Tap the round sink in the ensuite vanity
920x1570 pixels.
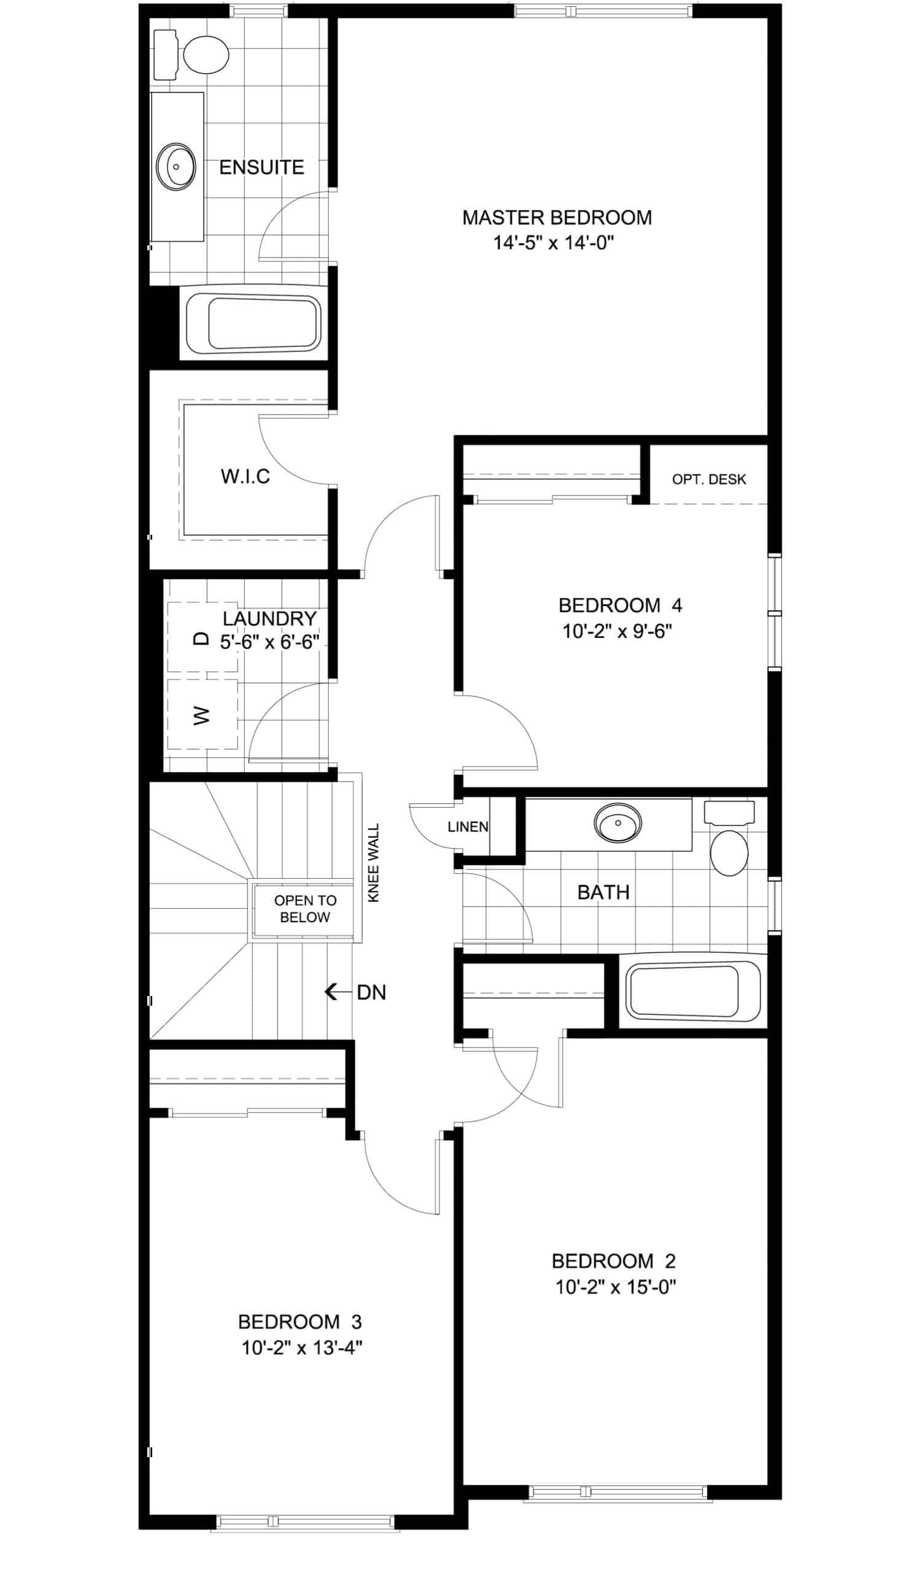tap(176, 166)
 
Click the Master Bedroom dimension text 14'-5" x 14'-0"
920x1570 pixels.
tap(554, 242)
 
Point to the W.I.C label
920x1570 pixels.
tap(245, 477)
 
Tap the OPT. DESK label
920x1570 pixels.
tap(709, 479)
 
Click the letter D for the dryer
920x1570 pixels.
tap(201, 638)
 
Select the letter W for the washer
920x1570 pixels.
tap(201, 714)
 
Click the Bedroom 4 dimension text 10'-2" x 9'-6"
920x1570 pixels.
tap(617, 631)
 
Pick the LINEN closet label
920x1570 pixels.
tap(468, 827)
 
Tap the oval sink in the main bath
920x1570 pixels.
tap(617, 822)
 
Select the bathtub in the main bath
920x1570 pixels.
tap(692, 992)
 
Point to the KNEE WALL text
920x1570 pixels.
tap(373, 863)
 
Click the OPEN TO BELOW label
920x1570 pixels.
tap(305, 908)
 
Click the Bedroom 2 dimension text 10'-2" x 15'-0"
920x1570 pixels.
tap(616, 1287)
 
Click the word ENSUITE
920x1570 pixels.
tap(262, 167)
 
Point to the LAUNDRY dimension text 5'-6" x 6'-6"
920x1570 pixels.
tap(270, 641)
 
